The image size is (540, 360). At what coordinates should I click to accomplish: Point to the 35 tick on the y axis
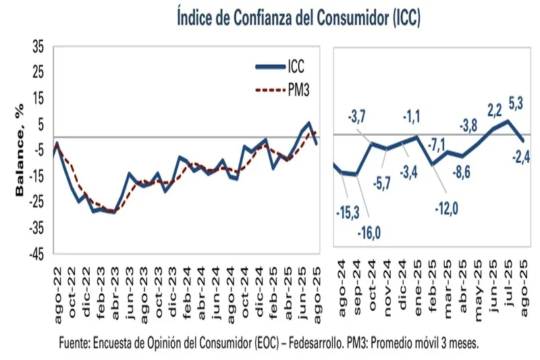tap(37, 47)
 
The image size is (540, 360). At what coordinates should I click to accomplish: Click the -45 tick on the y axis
tap(35, 255)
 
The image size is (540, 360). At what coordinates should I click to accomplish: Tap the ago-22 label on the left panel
tap(58, 286)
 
